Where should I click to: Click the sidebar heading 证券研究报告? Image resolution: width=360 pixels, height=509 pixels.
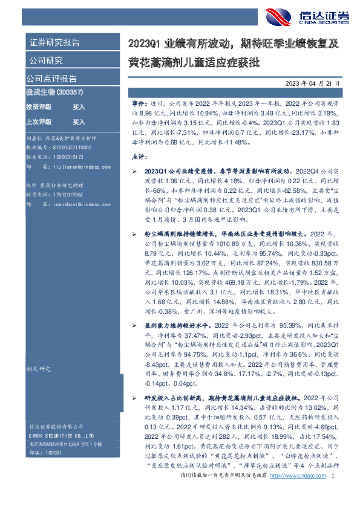tap(54, 43)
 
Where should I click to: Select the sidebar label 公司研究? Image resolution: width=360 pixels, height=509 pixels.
tap(45, 60)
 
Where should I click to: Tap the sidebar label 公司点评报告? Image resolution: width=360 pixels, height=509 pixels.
tap(51, 79)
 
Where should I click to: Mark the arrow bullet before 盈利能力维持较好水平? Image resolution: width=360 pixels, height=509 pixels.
tap(134, 326)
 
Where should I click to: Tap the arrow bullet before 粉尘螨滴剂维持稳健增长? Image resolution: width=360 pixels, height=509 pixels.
tap(134, 233)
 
